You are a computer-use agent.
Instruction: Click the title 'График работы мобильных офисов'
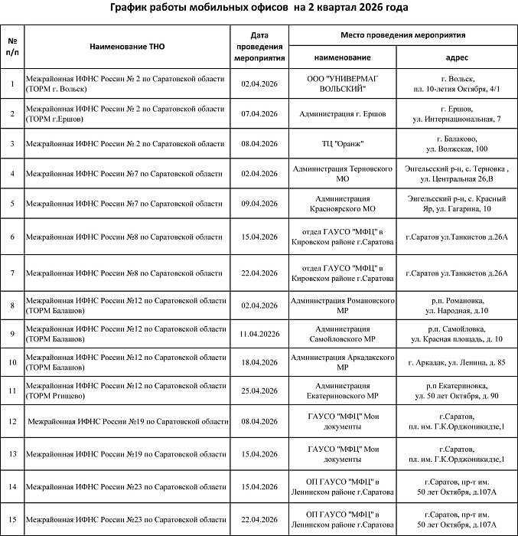click(258, 8)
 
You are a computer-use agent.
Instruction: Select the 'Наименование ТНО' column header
click(127, 47)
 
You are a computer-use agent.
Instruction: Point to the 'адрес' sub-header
click(457, 57)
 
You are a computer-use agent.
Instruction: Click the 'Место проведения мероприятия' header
click(402, 35)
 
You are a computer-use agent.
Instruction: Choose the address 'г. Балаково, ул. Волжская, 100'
click(457, 143)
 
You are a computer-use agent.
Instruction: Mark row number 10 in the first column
click(12, 362)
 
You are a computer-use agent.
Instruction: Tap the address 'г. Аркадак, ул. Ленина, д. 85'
click(457, 362)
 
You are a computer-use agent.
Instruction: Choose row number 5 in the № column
click(12, 203)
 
